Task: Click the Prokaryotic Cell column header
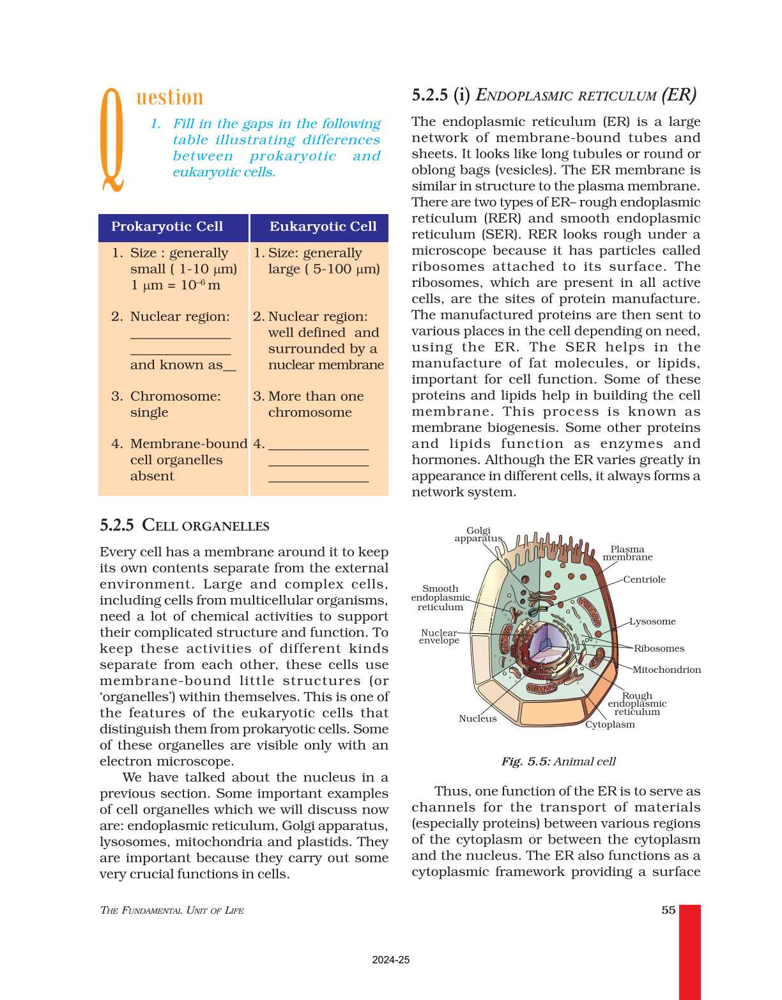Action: (x=167, y=227)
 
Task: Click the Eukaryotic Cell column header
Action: (x=323, y=227)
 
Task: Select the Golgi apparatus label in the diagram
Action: (x=478, y=534)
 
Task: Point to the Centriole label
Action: (x=644, y=580)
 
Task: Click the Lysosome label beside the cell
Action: (x=652, y=621)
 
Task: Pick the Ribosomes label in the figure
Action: (x=659, y=649)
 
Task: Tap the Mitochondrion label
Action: (x=666, y=670)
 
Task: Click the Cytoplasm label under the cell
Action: (x=610, y=725)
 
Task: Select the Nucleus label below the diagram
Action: (x=477, y=719)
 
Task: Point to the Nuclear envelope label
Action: (x=439, y=636)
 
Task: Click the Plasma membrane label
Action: (x=627, y=553)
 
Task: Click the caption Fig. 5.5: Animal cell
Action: (x=558, y=762)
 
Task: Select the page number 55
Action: (x=668, y=910)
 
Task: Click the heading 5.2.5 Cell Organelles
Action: (x=185, y=526)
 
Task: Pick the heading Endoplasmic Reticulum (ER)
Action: (x=554, y=96)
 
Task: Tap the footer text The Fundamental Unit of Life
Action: (x=172, y=911)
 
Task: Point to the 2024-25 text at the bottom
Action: (x=391, y=960)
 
